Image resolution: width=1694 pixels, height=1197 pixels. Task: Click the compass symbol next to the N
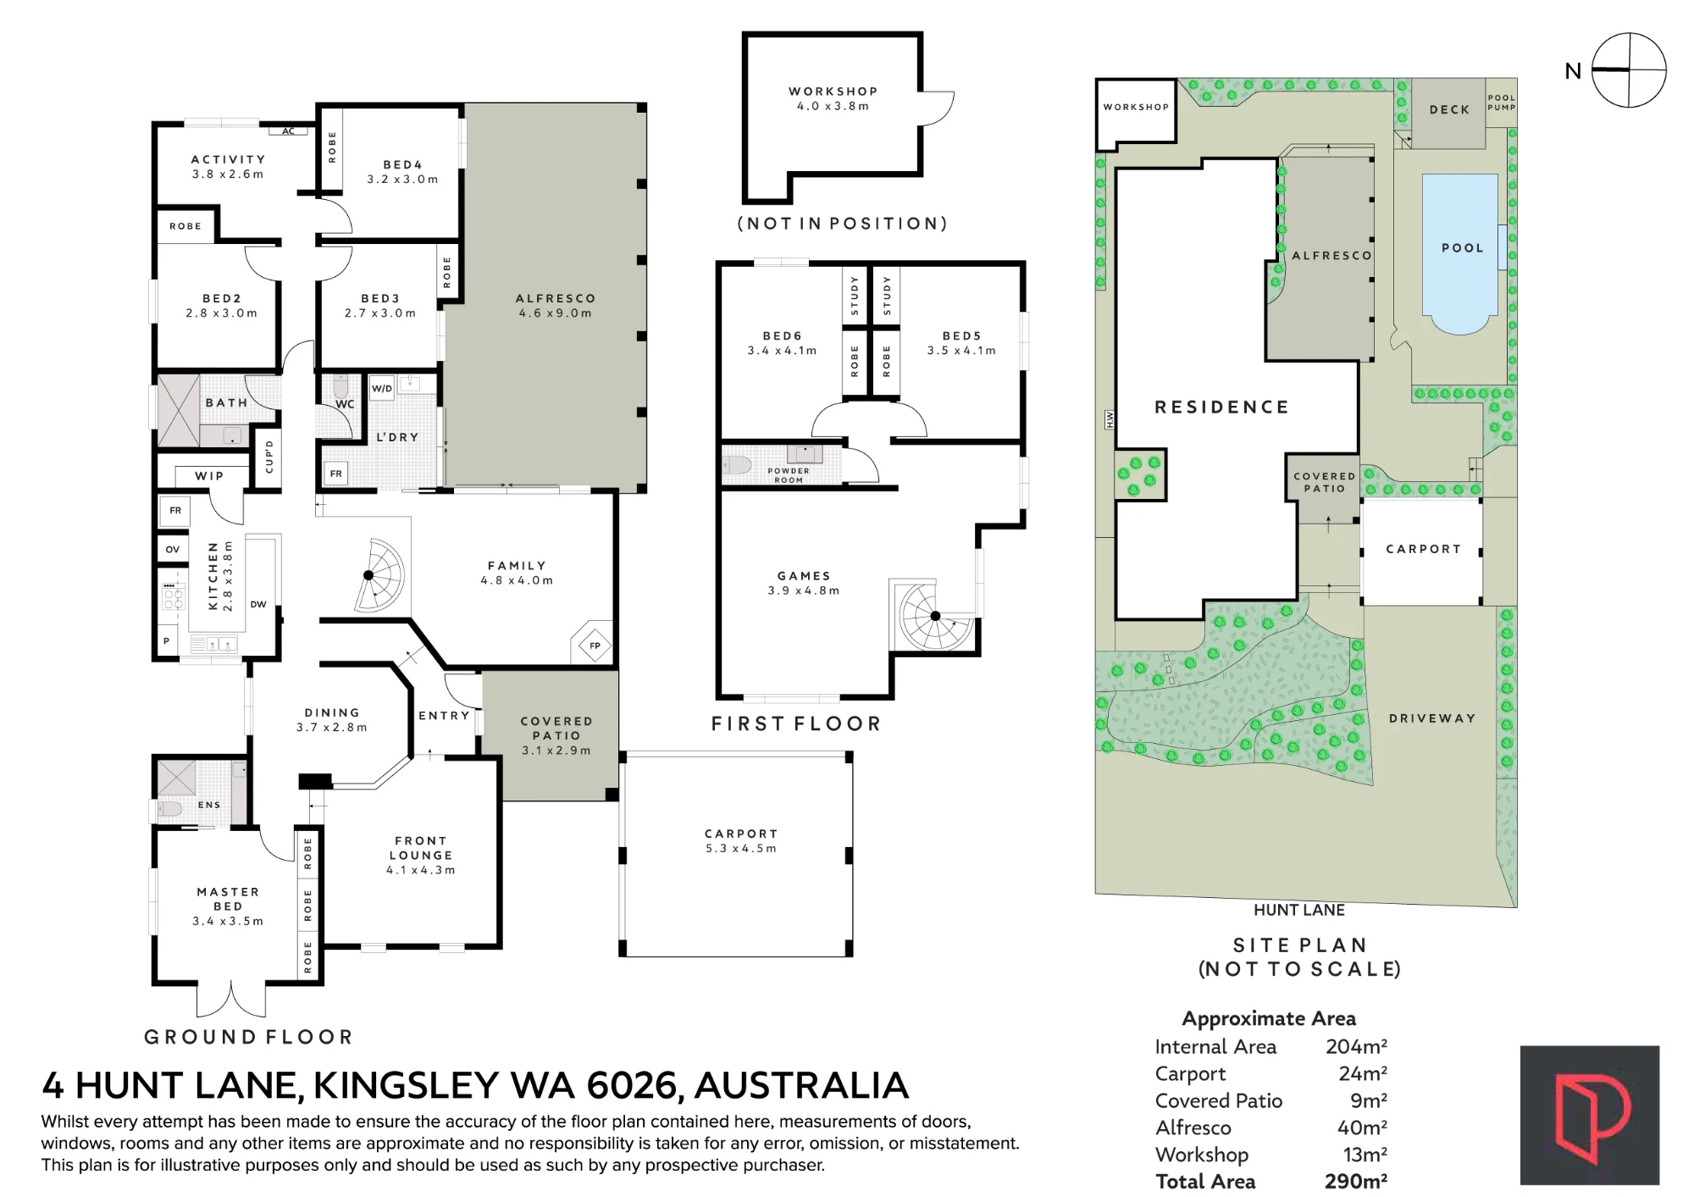point(1629,70)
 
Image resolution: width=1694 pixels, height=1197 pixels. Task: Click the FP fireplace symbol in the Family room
point(595,646)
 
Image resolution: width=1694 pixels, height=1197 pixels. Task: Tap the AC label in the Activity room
point(289,131)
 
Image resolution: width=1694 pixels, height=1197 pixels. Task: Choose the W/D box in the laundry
point(382,389)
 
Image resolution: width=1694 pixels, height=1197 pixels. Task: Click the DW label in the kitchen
point(258,604)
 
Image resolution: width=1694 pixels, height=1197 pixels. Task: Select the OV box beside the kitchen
point(173,549)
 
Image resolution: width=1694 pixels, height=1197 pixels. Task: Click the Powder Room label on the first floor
point(789,475)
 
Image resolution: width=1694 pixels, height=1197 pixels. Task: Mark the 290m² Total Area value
point(1355,1181)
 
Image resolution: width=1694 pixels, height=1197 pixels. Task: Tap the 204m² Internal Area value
point(1356,1046)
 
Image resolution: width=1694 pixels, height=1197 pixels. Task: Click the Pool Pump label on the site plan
point(1502,103)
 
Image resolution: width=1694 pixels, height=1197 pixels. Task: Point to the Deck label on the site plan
point(1449,109)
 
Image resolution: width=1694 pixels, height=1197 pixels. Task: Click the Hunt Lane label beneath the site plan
point(1299,910)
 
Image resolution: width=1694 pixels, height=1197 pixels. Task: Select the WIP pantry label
point(209,476)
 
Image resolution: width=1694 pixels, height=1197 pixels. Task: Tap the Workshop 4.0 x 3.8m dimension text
point(833,106)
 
